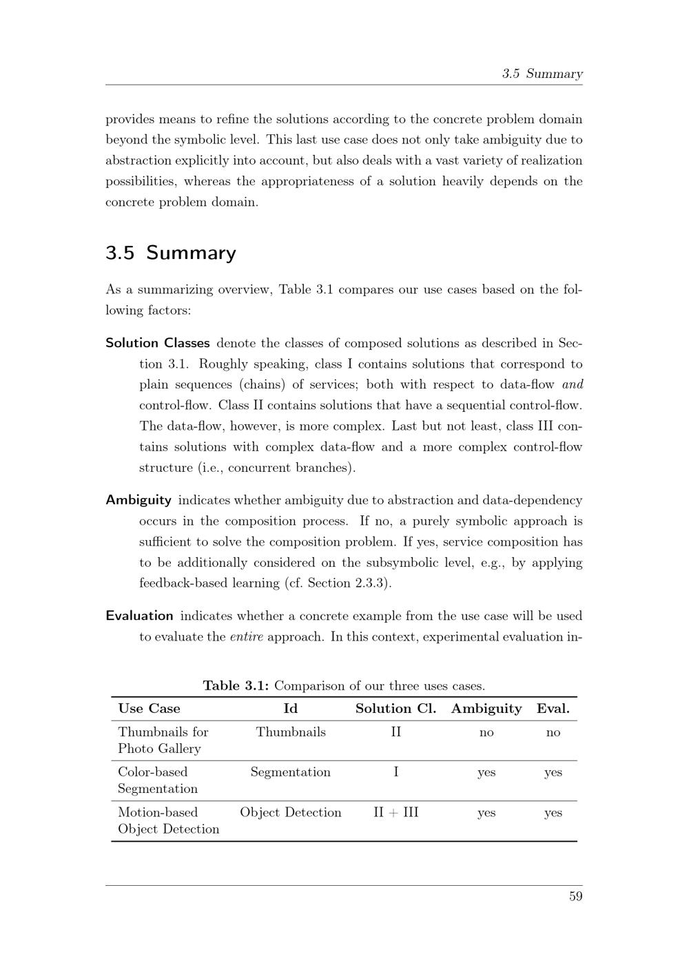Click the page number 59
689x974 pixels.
(575, 896)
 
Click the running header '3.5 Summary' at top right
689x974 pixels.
(542, 74)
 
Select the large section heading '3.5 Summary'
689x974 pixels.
(170, 253)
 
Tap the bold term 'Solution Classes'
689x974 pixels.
(158, 343)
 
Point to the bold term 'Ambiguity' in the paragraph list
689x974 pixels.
(138, 500)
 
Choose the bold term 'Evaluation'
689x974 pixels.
(139, 616)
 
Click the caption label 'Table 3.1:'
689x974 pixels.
(236, 686)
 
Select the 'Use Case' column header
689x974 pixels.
(149, 709)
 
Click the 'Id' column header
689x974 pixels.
(290, 709)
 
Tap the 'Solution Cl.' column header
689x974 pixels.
(395, 709)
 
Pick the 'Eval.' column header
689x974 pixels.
(553, 709)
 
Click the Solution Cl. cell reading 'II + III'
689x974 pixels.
(395, 813)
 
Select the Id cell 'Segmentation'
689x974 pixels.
(290, 772)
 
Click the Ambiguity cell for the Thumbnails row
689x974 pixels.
(486, 732)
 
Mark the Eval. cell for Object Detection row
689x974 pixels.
(553, 813)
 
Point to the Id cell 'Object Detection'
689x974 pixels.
(290, 813)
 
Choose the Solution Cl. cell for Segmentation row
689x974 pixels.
(395, 772)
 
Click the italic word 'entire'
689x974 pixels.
(246, 636)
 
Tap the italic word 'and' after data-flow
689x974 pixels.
(573, 384)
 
